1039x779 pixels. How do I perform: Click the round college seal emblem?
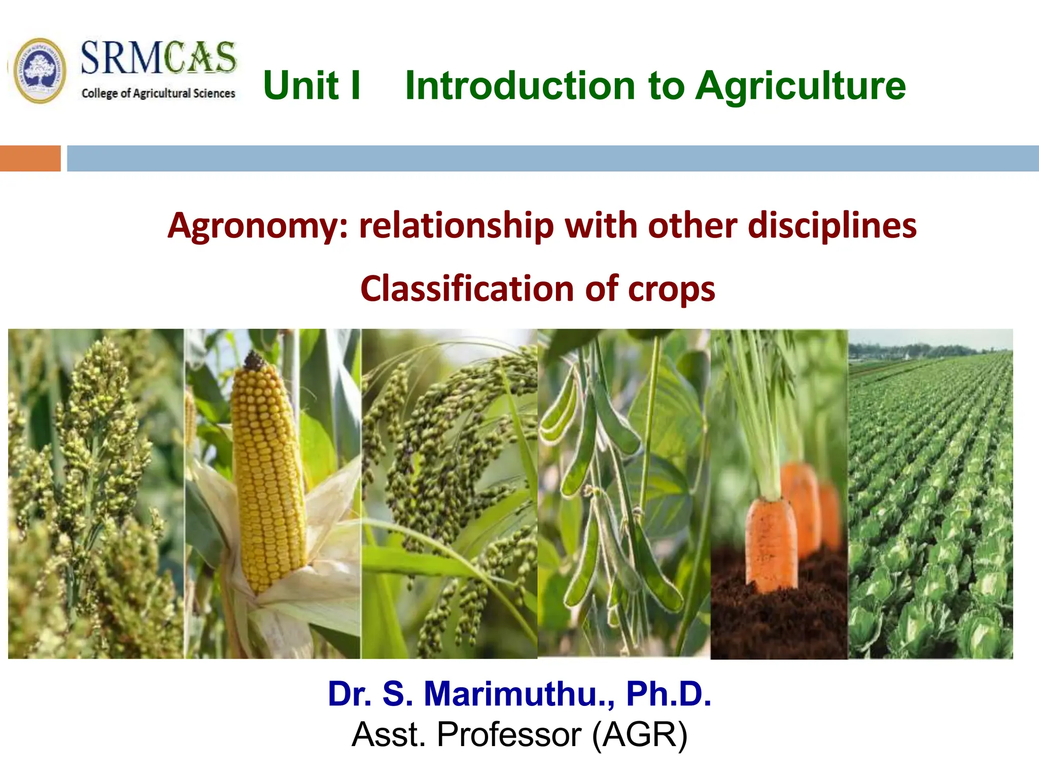click(x=40, y=71)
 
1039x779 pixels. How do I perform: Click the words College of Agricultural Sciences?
click(x=158, y=93)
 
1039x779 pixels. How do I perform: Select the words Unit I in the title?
click(x=311, y=85)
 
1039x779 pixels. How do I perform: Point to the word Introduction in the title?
click(x=520, y=85)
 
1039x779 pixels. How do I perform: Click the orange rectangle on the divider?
click(x=30, y=158)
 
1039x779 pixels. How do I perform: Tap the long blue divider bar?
click(x=553, y=158)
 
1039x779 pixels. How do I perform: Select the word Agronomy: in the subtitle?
click(x=259, y=226)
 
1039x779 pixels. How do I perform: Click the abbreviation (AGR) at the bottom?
click(x=640, y=734)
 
